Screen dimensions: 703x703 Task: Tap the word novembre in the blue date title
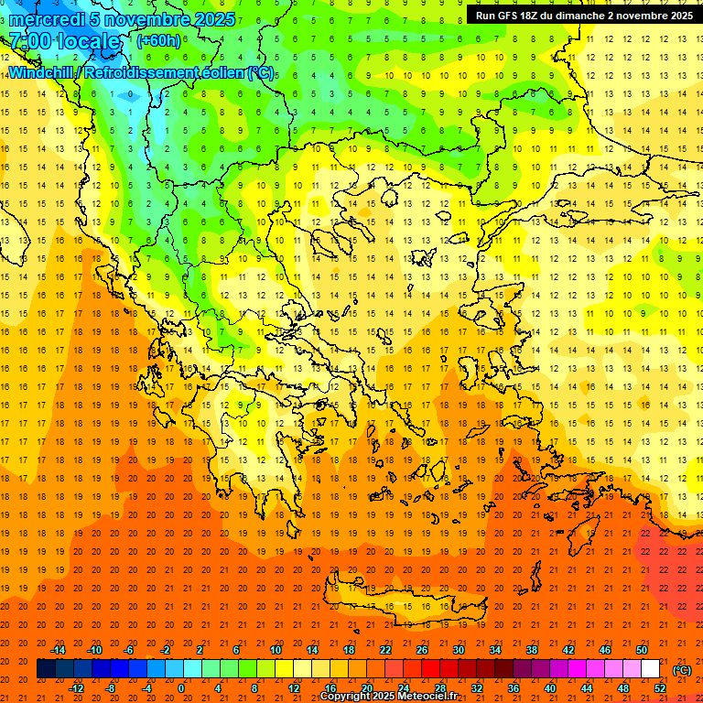pos(141,19)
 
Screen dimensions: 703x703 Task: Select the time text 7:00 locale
pos(64,41)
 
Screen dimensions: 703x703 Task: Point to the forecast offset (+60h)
pos(158,41)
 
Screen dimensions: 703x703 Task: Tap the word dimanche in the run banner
pos(580,16)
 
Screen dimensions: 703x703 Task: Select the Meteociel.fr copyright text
pos(388,697)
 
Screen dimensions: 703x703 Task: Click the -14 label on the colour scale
pos(59,650)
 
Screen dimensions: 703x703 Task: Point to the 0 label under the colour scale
pos(181,688)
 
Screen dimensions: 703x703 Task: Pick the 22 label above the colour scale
pos(385,650)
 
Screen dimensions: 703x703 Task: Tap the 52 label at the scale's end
pos(660,688)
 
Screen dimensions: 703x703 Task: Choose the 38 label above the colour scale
pos(532,650)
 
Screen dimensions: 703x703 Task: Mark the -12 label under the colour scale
pos(77,688)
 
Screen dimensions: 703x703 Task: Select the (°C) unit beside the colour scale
pos(681,670)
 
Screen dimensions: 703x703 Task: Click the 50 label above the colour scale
pos(642,650)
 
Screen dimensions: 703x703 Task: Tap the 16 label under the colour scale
pos(330,688)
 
